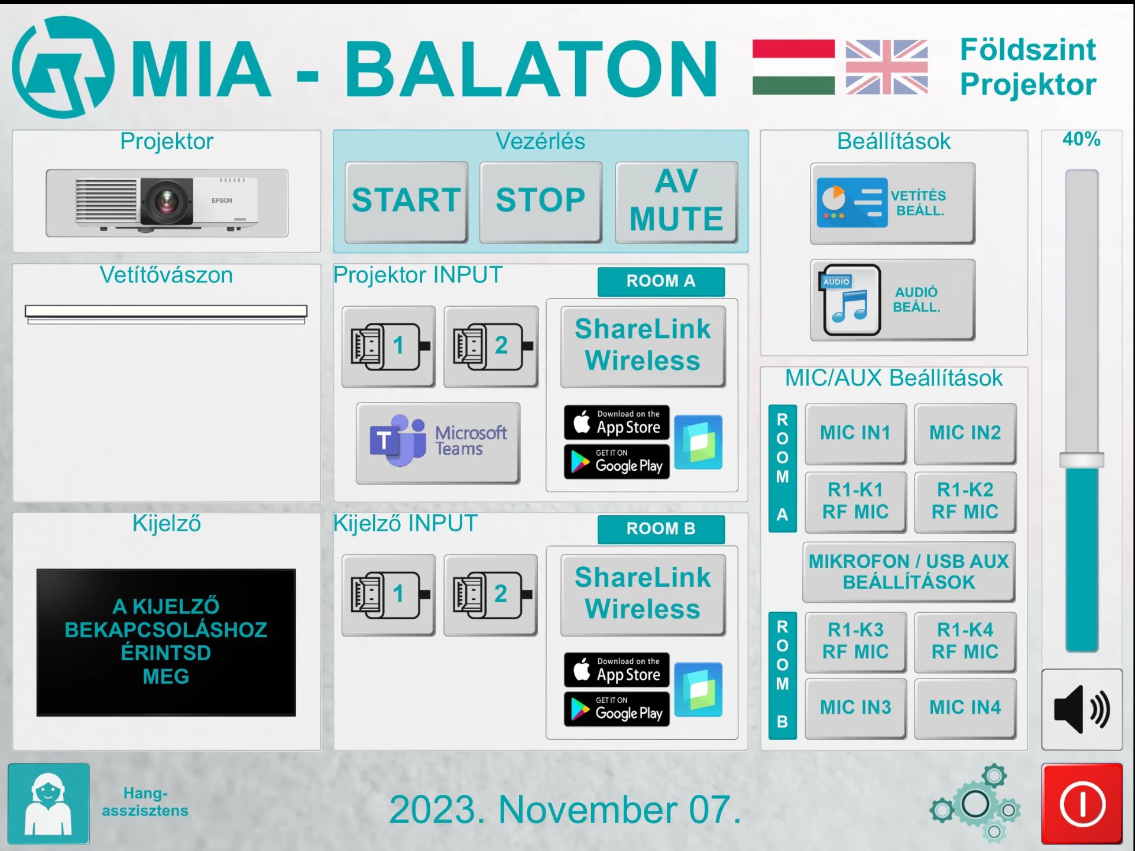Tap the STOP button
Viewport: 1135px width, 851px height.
click(541, 202)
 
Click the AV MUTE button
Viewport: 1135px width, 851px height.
click(677, 202)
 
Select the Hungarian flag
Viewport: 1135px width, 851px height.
click(793, 67)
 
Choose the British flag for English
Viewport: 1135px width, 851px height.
click(887, 67)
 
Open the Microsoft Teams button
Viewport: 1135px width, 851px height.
click(438, 443)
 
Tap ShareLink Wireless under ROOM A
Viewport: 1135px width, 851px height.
click(643, 346)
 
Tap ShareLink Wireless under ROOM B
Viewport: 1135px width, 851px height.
click(643, 595)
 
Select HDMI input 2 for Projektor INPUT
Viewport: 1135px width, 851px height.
click(491, 346)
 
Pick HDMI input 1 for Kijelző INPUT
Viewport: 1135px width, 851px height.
click(388, 595)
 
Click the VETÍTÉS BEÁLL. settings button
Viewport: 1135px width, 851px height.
click(893, 203)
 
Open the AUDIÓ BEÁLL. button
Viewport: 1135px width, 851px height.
click(893, 300)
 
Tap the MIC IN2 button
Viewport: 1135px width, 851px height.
click(965, 433)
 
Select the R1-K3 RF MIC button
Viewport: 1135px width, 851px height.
click(855, 641)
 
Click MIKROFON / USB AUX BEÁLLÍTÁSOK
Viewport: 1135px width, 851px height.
click(909, 572)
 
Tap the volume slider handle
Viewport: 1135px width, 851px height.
click(1082, 460)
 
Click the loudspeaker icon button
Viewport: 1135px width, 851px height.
click(1082, 710)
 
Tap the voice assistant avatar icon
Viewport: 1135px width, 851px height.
click(48, 804)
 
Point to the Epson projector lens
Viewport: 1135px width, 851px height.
click(166, 201)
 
